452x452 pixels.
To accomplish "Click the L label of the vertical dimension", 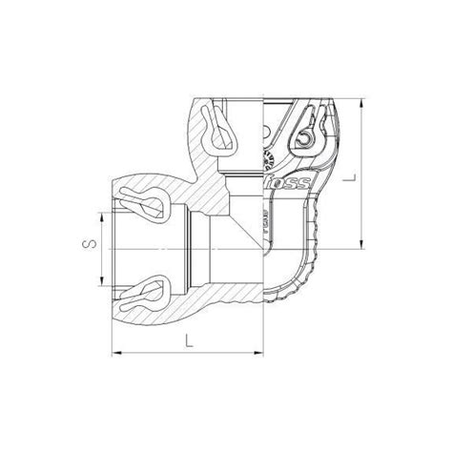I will tap(380, 175).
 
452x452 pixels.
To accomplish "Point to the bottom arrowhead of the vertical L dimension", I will tap(362, 249).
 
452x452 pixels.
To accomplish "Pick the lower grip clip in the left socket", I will tap(145, 288).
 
